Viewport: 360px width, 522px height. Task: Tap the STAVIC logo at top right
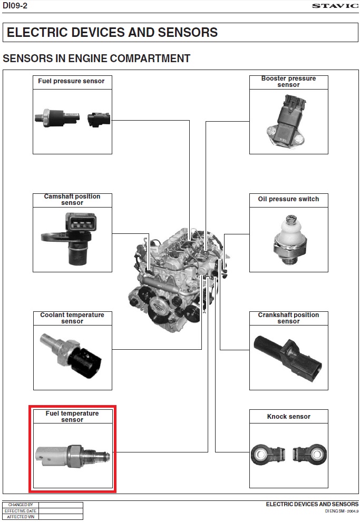pos(335,6)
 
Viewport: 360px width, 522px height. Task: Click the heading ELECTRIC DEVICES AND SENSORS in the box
pos(112,33)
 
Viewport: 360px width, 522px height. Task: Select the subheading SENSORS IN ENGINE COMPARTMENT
pos(96,58)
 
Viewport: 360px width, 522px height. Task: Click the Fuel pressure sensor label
pos(72,81)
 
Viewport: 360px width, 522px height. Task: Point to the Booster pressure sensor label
pos(288,81)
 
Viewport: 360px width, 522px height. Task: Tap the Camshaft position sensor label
pos(72,199)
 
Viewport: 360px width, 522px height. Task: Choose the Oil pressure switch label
pos(288,199)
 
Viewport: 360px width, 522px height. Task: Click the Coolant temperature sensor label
pos(72,318)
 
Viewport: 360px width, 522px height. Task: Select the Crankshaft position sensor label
pos(288,318)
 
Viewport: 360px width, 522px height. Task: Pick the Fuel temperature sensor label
pos(72,416)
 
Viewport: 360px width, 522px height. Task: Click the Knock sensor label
pos(288,417)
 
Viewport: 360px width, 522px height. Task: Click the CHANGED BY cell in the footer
pos(21,505)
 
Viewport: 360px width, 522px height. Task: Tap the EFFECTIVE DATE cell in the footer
pos(21,511)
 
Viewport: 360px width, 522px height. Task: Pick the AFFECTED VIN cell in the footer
pos(21,517)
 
